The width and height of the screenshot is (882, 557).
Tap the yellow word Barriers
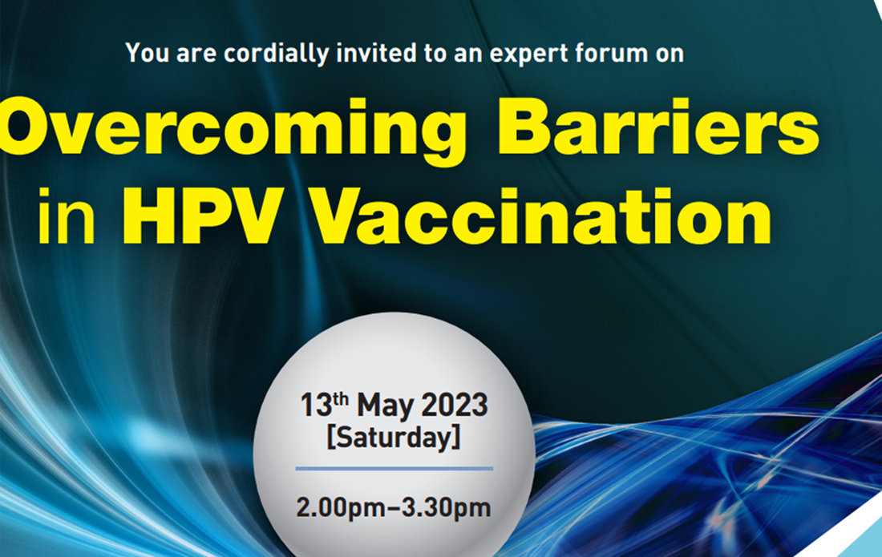(657, 128)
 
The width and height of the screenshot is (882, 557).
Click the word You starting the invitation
(144, 54)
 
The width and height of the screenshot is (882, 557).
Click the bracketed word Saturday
(394, 438)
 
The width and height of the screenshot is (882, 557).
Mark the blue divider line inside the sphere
(394, 467)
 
